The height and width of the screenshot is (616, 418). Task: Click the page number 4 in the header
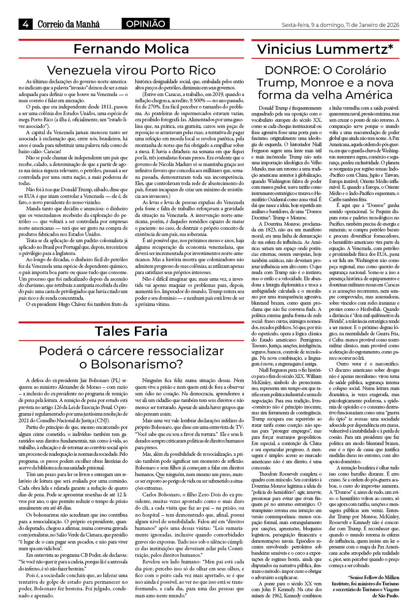(26, 24)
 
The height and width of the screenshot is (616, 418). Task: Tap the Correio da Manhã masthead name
(69, 24)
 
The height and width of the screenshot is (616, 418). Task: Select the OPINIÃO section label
(145, 24)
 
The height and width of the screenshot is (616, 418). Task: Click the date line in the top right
(340, 25)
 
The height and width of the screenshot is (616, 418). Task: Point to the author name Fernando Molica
(131, 49)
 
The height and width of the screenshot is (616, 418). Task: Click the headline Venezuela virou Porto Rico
(131, 70)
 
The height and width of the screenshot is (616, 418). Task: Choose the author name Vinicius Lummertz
(322, 49)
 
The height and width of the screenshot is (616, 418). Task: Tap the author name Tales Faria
(131, 331)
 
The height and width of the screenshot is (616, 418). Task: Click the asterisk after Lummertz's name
(390, 47)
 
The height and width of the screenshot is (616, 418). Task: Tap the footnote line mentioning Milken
(366, 577)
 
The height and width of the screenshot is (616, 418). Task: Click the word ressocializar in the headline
(184, 351)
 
